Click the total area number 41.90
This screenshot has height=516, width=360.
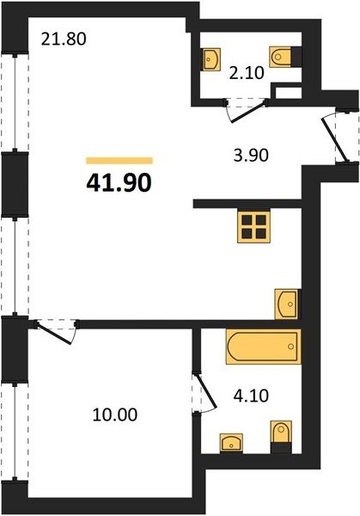(119, 183)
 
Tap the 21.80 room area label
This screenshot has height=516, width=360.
(64, 40)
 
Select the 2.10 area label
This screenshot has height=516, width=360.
(247, 73)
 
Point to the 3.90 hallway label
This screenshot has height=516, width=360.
(251, 156)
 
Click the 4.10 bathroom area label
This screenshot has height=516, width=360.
(251, 396)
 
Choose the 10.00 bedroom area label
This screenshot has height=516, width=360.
(115, 415)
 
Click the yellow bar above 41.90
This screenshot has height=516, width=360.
(119, 161)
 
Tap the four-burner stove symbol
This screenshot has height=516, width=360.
(253, 227)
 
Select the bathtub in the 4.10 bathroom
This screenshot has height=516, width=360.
(264, 347)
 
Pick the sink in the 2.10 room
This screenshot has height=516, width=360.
(211, 59)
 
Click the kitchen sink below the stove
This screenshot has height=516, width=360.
(287, 304)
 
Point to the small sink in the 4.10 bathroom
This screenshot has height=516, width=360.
(232, 443)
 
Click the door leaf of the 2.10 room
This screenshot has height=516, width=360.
(248, 113)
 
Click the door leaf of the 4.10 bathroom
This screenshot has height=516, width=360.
(206, 390)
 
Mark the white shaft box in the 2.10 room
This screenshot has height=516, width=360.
(288, 92)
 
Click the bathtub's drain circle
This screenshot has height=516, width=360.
(290, 347)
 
